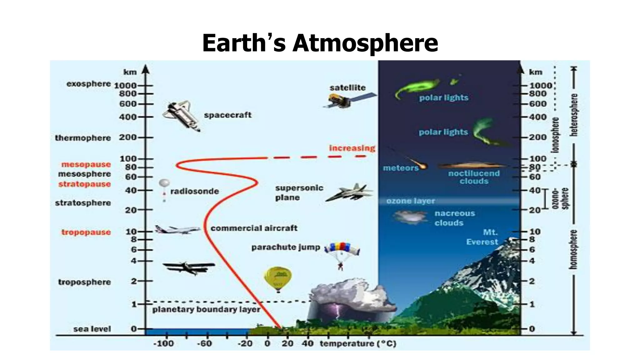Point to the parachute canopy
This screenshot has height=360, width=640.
pyautogui.click(x=342, y=248)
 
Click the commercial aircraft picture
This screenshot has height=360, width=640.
pyautogui.click(x=177, y=230)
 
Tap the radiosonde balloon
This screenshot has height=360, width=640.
pyautogui.click(x=164, y=183)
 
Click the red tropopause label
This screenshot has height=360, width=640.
pyautogui.click(x=86, y=232)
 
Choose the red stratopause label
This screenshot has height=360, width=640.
pyautogui.click(x=84, y=184)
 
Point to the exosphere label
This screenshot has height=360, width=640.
pyautogui.click(x=88, y=84)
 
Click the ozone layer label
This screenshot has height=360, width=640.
pyautogui.click(x=410, y=201)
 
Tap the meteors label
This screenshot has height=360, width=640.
pyautogui.click(x=401, y=168)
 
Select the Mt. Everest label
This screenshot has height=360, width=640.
pyautogui.click(x=482, y=237)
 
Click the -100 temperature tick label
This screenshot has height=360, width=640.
pyautogui.click(x=163, y=344)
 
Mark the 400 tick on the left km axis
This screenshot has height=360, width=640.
pyautogui.click(x=128, y=117)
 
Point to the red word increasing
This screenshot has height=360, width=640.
pyautogui.click(x=352, y=148)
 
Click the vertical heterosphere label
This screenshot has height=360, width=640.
pyautogui.click(x=574, y=115)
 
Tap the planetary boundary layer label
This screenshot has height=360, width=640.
pyautogui.click(x=206, y=310)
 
